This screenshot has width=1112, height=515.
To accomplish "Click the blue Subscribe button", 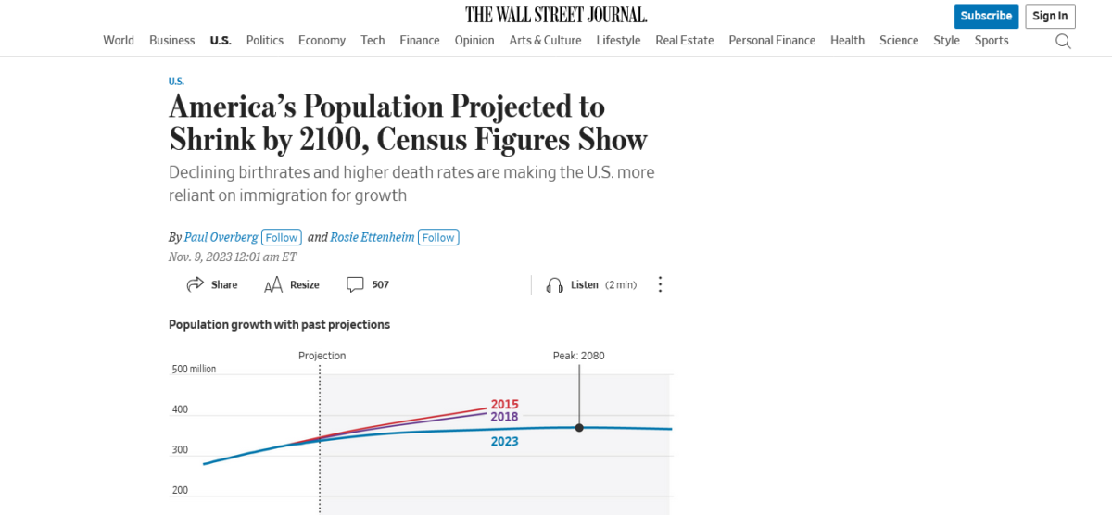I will tap(986, 16).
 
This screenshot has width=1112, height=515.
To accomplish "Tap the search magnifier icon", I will tap(1063, 41).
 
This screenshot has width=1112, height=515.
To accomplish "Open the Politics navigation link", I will tap(265, 40).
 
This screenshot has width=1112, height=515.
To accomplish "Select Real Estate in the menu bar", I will tap(684, 40).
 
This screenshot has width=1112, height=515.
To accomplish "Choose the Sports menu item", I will tap(992, 40).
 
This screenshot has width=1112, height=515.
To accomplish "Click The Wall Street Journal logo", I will tap(556, 15).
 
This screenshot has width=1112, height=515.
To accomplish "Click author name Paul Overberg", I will tap(221, 237).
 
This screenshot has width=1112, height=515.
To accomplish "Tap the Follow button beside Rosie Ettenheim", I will tap(438, 237).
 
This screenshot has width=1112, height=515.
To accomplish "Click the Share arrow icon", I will tap(196, 284).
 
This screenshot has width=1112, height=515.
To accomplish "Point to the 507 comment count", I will tap(380, 284).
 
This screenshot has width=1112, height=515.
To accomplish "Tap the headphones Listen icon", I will tap(555, 284).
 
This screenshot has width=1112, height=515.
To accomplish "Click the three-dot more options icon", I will tap(660, 284).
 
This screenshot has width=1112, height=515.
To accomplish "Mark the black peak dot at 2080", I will tap(579, 427).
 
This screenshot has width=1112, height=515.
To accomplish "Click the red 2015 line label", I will tap(504, 404).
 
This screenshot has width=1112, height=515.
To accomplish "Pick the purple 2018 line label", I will tap(504, 417).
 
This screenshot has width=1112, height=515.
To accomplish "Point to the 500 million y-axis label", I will tap(194, 369).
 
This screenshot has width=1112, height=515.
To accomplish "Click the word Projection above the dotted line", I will tap(322, 356).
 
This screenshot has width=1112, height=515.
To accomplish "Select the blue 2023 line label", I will tap(504, 441).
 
